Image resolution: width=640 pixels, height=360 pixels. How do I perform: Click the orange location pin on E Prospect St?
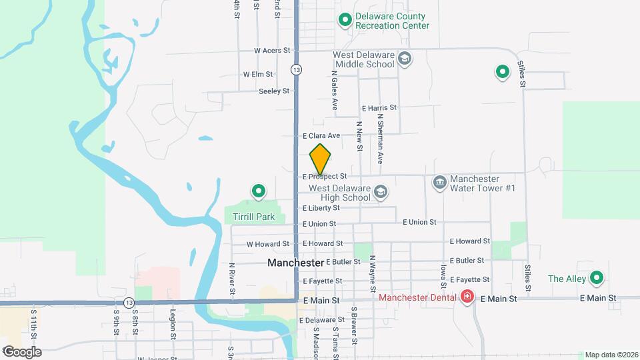(321, 160)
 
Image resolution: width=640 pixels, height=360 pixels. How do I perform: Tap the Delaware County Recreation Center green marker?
(345, 21)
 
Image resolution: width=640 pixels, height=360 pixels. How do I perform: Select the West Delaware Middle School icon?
(404, 59)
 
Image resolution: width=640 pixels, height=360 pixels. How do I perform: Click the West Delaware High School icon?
(380, 193)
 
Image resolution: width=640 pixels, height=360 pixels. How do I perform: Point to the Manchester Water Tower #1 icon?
(439, 182)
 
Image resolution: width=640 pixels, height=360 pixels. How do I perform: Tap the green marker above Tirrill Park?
(258, 192)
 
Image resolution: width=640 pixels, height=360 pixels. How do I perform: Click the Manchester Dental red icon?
(467, 297)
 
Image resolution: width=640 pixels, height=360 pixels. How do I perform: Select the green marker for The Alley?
(597, 278)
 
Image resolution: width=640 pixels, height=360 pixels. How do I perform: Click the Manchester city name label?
(295, 263)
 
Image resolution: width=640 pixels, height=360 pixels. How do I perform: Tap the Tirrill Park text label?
(254, 217)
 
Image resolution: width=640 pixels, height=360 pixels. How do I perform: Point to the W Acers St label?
(273, 50)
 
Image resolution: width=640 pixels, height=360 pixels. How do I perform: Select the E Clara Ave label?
(321, 135)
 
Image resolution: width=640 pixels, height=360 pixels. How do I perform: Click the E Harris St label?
(379, 107)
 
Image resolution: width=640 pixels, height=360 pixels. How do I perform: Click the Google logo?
(22, 351)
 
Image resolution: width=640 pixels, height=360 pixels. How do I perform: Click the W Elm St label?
(258, 75)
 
